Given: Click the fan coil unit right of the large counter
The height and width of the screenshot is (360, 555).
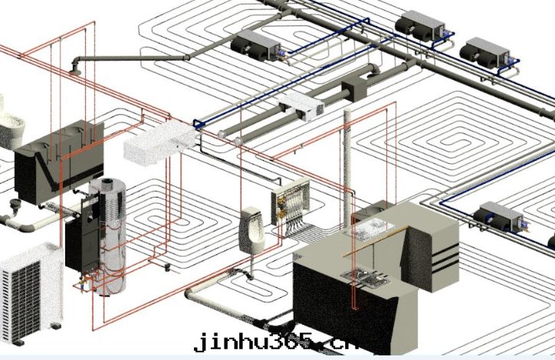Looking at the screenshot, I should coord(499,216).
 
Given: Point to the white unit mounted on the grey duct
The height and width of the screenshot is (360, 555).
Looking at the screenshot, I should coord(302,107).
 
